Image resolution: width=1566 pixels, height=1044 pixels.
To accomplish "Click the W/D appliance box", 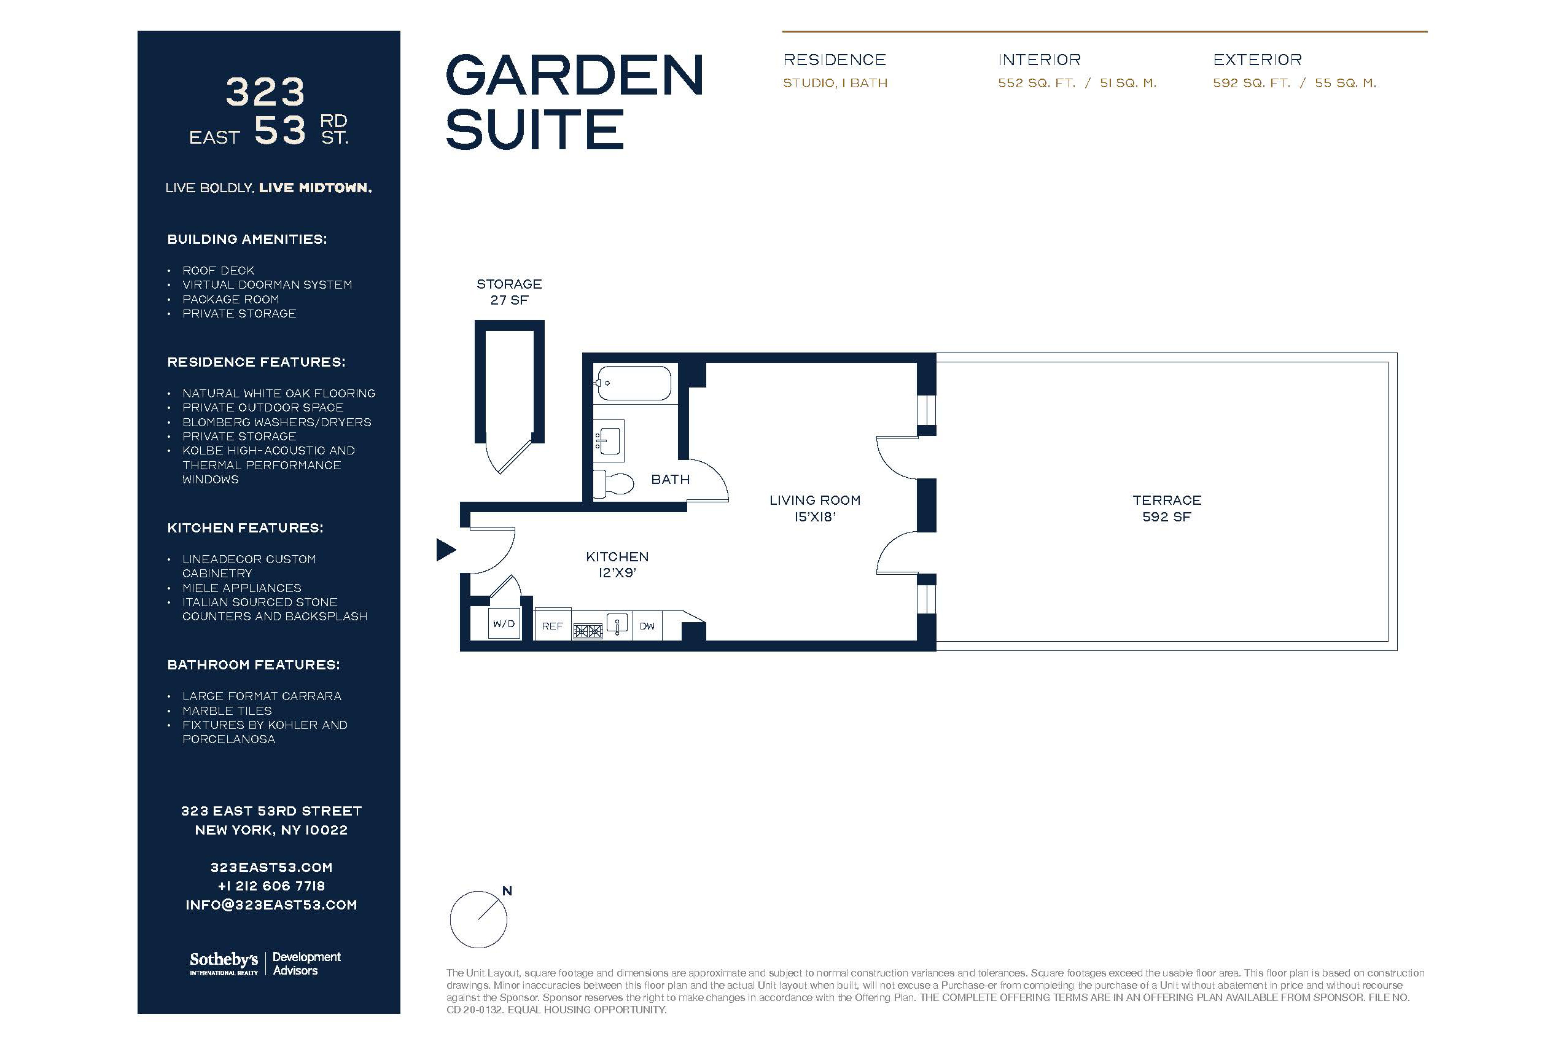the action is tap(504, 623).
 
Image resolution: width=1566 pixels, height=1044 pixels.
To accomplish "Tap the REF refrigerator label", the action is tap(552, 626).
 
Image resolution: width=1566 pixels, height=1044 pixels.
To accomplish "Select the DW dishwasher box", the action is tap(647, 626).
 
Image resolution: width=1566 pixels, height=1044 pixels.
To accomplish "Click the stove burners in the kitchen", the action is tap(588, 631).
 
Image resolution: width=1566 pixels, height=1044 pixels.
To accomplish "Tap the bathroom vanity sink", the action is tap(609, 440).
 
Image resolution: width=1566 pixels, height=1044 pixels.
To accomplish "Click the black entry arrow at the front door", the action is tap(445, 550).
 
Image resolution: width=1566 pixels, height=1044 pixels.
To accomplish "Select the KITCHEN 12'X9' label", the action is tap(617, 564).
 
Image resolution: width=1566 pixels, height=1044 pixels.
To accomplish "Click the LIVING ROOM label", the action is tap(815, 500).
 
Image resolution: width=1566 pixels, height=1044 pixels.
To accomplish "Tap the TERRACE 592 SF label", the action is tap(1166, 508).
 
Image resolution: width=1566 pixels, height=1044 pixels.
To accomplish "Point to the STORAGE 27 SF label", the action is tap(509, 292).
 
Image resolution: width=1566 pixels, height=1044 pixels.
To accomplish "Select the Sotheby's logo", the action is tap(224, 963).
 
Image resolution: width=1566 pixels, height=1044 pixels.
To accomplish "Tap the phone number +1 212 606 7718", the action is tap(271, 886).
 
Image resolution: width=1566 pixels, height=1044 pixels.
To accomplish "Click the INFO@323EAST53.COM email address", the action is tap(271, 905).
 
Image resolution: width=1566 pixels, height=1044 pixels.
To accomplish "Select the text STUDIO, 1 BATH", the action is tap(835, 84).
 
